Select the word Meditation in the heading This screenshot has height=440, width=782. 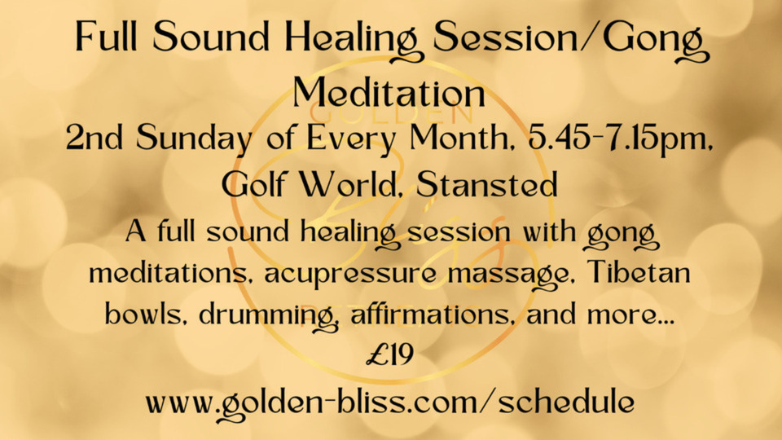pyautogui.click(x=389, y=93)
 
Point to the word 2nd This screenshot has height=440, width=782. pyautogui.click(x=94, y=138)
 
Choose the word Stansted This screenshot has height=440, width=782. pyautogui.click(x=487, y=183)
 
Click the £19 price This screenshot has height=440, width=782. pyautogui.click(x=389, y=354)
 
